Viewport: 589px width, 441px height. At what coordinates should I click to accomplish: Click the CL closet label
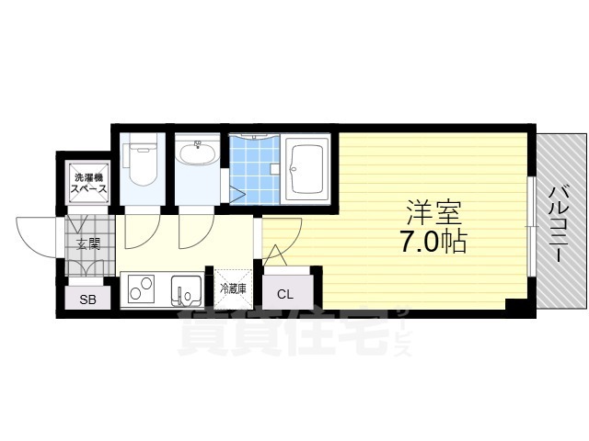(x=285, y=294)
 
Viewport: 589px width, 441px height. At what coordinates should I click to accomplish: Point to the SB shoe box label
(x=88, y=300)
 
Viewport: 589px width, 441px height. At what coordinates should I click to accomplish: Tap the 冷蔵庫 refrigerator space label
(x=233, y=288)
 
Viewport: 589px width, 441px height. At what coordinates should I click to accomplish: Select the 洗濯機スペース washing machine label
(x=89, y=183)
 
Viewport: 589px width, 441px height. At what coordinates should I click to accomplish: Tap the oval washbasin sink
(x=197, y=154)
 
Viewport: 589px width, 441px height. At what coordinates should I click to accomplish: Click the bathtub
(x=306, y=169)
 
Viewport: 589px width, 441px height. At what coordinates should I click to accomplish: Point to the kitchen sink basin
(x=187, y=290)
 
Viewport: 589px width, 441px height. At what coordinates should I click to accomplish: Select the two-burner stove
(x=141, y=288)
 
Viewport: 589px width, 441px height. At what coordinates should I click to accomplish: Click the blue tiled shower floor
(x=255, y=170)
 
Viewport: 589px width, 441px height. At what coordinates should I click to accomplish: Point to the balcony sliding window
(x=531, y=226)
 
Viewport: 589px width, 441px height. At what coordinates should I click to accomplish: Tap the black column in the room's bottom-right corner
(x=517, y=304)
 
